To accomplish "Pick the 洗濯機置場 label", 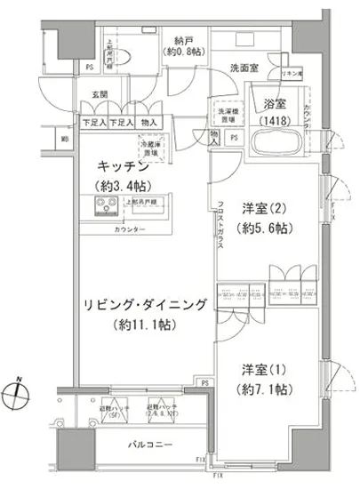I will click(x=224, y=114).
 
